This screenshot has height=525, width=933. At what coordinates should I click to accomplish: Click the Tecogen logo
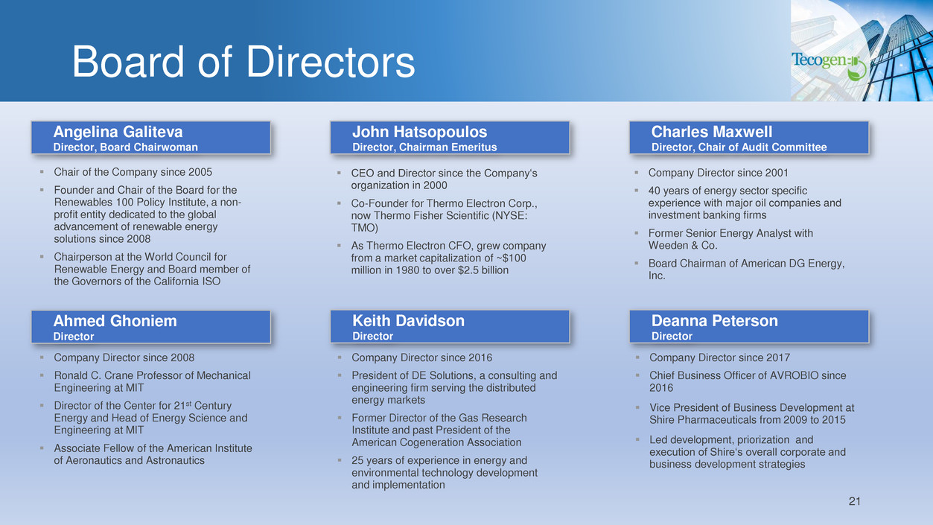click(829, 66)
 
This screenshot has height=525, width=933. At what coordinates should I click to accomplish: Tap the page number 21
click(854, 501)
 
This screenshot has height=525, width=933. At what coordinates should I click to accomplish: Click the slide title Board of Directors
click(243, 62)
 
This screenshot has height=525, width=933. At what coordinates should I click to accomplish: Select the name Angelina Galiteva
click(118, 132)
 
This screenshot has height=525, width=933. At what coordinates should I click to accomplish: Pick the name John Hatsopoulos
click(419, 132)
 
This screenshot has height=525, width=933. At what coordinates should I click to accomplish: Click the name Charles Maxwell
click(711, 132)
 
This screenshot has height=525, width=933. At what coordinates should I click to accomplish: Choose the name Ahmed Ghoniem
click(115, 321)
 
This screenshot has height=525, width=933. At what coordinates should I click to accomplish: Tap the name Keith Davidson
click(408, 321)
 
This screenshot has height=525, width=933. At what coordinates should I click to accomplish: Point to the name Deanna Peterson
click(714, 321)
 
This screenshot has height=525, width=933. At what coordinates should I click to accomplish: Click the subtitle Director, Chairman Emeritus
click(424, 147)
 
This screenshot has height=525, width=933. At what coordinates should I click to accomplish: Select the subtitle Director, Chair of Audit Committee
click(739, 147)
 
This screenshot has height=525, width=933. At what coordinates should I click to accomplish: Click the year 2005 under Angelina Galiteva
click(200, 172)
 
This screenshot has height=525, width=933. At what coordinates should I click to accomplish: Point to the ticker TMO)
click(364, 228)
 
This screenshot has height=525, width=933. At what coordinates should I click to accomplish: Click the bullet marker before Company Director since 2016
click(340, 357)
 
